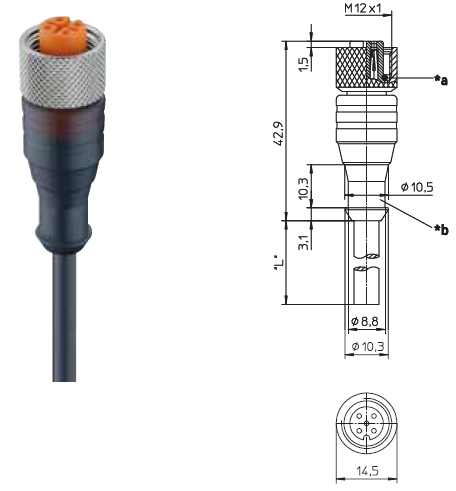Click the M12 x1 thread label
(x=363, y=8)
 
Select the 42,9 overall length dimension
(x=278, y=133)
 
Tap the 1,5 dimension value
(x=303, y=64)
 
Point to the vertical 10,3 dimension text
(x=303, y=188)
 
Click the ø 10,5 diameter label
(x=417, y=187)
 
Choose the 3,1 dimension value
(x=303, y=242)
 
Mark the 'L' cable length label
(x=279, y=263)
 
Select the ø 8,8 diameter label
(x=365, y=321)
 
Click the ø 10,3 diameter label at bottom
(x=368, y=347)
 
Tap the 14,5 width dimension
(x=368, y=471)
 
